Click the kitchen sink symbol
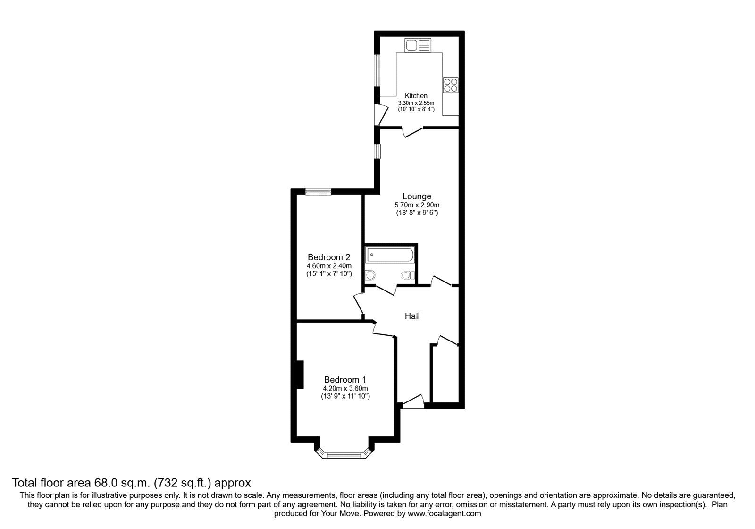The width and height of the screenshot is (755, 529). click(418, 45)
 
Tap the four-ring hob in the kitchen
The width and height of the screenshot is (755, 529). click(451, 85)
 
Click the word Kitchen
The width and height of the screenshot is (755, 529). click(416, 96)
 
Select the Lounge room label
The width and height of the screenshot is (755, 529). click(417, 196)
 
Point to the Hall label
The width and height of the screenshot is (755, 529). click(412, 316)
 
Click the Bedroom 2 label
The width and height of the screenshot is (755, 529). click(329, 257)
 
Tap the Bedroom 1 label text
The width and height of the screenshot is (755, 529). click(345, 379)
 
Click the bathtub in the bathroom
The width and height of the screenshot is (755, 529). click(390, 255)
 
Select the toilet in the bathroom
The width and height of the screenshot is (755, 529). click(407, 275)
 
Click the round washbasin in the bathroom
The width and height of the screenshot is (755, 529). click(370, 274)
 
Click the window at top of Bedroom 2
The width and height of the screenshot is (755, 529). click(318, 191)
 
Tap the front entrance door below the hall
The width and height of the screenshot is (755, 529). click(413, 402)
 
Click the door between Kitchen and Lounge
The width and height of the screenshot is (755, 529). click(412, 132)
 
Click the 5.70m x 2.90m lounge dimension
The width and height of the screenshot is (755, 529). click(417, 205)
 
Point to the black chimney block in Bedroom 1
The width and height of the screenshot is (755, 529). click(299, 375)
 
